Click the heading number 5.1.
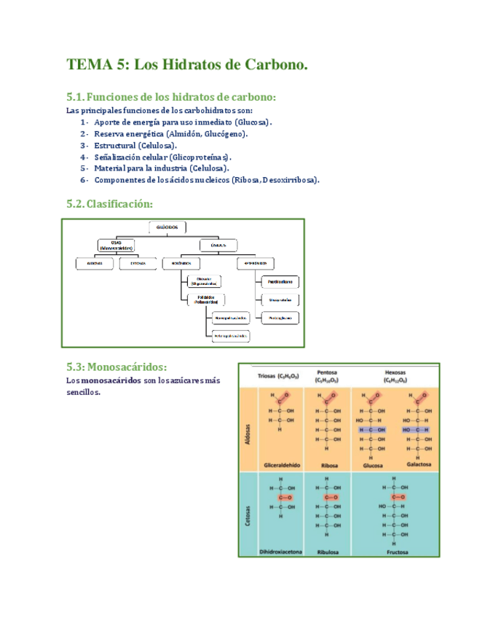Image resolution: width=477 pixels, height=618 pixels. point(76,97)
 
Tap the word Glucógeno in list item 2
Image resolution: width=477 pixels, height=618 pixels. point(223,133)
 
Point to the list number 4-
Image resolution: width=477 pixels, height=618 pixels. point(84,157)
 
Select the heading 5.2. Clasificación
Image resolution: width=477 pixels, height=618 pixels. point(109,204)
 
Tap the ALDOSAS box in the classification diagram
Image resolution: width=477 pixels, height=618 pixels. point(95,262)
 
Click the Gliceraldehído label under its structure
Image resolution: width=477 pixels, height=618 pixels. point(277,463)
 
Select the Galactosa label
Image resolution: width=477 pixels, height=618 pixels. point(415,463)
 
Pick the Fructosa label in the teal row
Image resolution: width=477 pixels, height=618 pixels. point(394,552)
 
